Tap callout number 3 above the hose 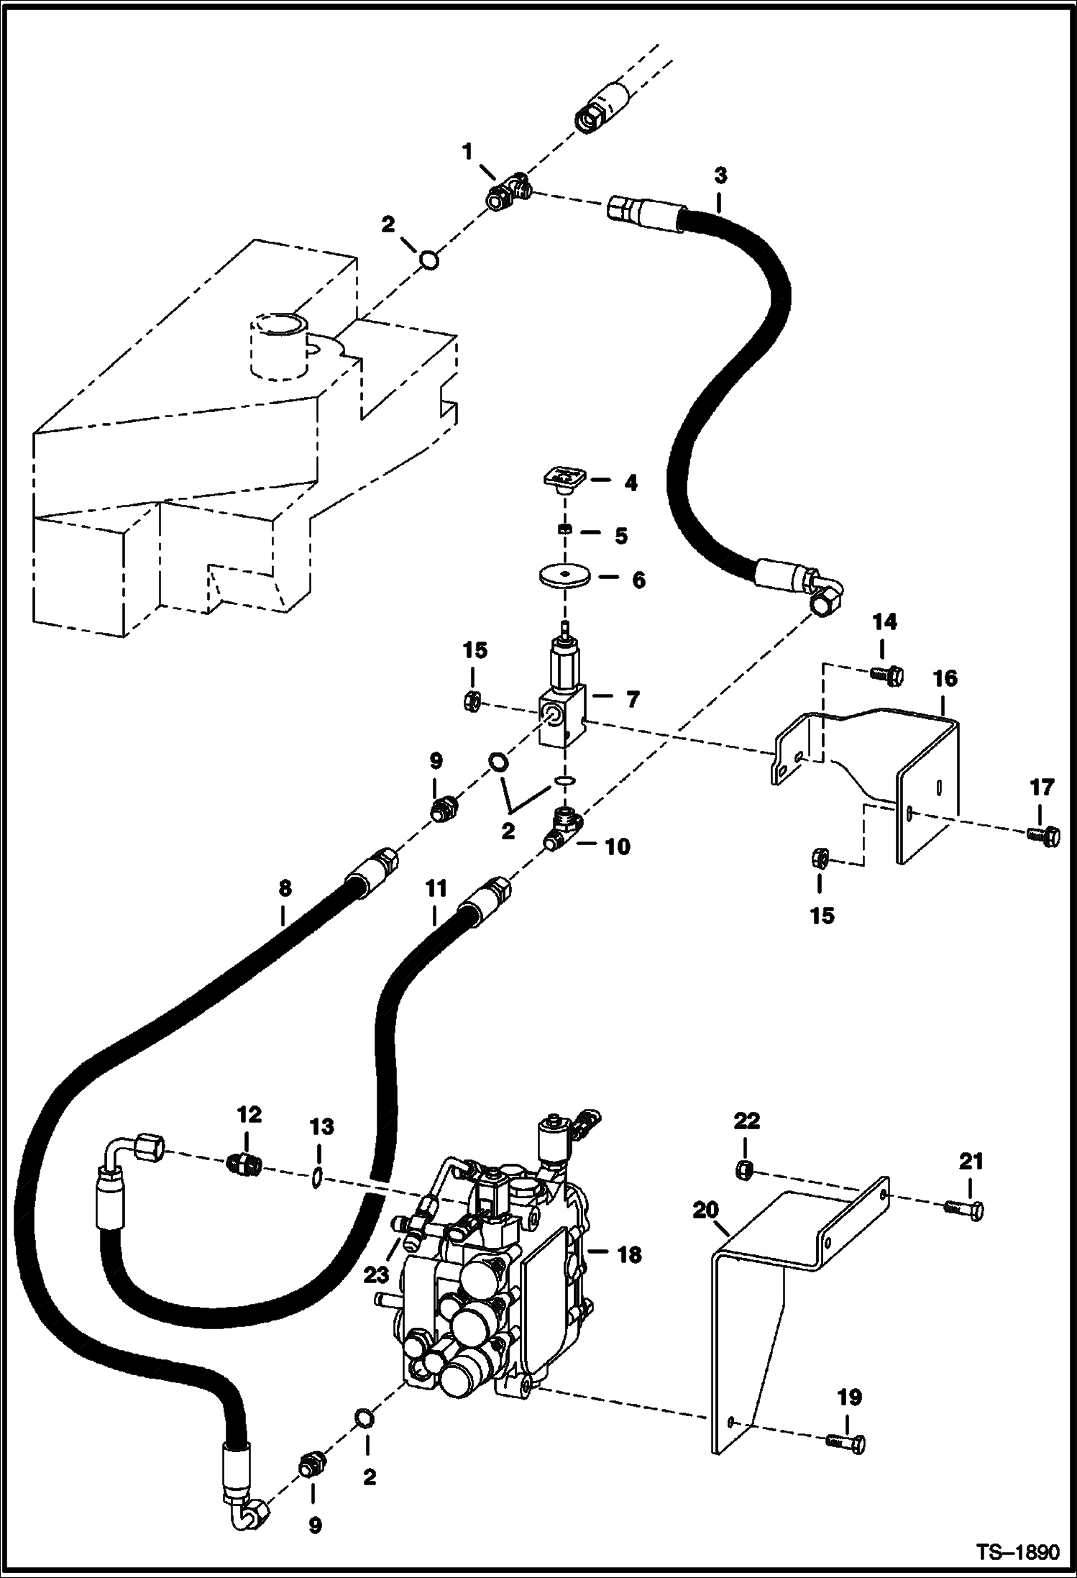pyautogui.click(x=720, y=175)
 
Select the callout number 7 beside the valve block pyautogui.click(x=632, y=698)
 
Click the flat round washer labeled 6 pyautogui.click(x=565, y=576)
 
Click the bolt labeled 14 pyautogui.click(x=885, y=675)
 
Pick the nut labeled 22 pyautogui.click(x=746, y=1171)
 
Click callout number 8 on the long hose pyautogui.click(x=285, y=888)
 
